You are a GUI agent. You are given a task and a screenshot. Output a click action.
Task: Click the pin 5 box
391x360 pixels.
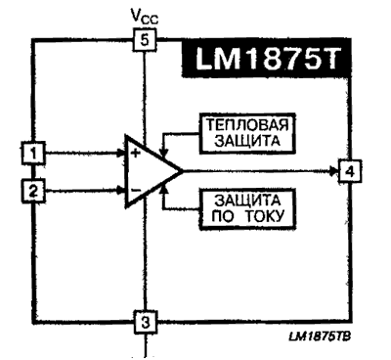coord(144,40)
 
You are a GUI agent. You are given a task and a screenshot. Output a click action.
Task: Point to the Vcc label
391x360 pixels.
coord(144,15)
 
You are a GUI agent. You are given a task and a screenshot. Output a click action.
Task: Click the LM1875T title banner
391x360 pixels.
coord(271,62)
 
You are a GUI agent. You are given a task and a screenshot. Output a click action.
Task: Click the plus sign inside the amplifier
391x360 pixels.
coord(134,153)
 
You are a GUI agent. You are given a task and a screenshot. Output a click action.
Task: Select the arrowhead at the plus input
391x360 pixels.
coord(118,153)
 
